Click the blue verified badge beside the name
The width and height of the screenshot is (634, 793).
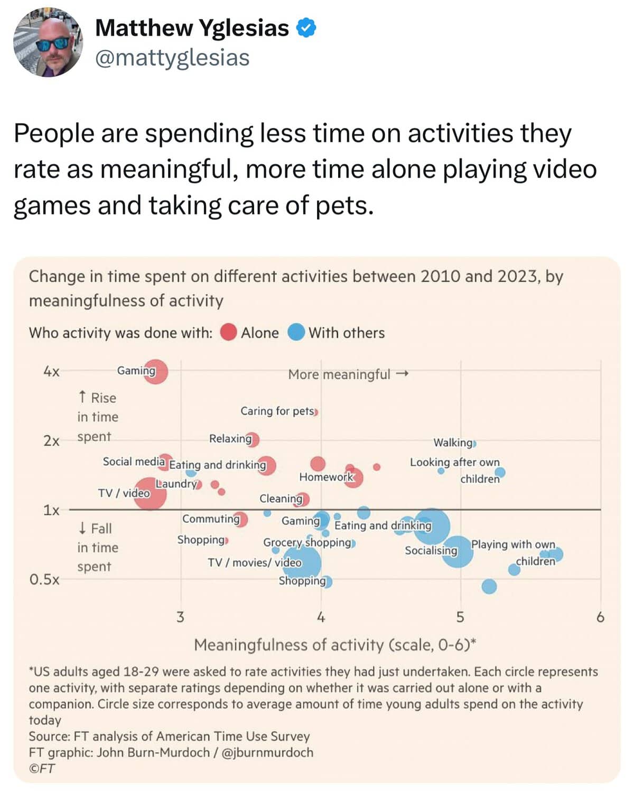point(306,28)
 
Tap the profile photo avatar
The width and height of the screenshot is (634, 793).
point(48,43)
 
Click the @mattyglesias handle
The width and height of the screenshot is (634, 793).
point(172,58)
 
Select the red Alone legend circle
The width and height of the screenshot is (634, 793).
point(228,333)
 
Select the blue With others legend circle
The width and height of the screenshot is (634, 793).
point(296,333)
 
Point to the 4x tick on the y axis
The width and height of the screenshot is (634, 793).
point(51,372)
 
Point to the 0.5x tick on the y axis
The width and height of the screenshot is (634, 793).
point(44,579)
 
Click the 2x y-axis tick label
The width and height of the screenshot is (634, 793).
point(51,441)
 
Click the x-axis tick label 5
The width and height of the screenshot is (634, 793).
point(460,617)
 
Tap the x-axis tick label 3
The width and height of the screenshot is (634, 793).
point(180,617)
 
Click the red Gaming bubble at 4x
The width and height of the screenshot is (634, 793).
point(155,371)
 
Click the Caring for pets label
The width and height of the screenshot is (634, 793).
point(277,411)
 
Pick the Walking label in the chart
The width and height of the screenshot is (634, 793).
point(453,442)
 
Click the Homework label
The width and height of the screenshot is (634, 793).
point(325,477)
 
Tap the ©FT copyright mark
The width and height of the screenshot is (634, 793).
point(42,769)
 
